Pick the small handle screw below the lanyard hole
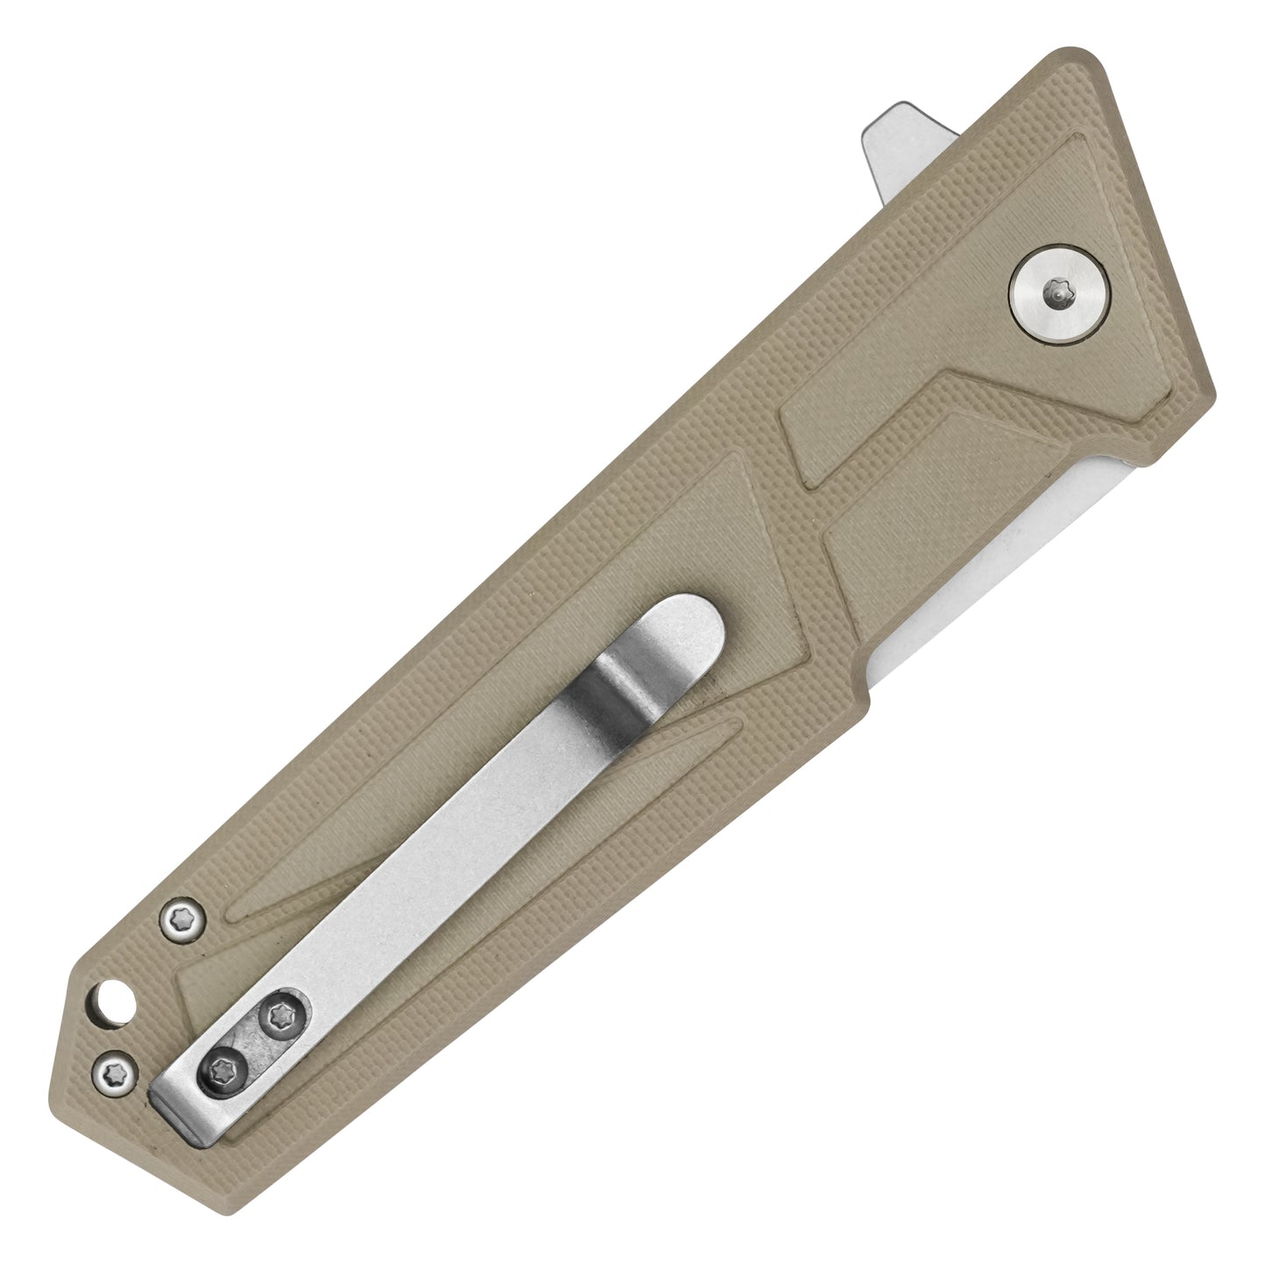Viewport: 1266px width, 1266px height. (x=114, y=1070)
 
